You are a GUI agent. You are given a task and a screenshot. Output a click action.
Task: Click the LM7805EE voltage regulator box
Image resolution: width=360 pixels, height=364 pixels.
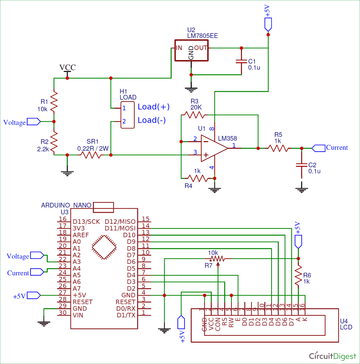click(x=191, y=50)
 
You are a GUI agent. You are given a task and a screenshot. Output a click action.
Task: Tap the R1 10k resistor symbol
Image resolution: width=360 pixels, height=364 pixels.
click(x=54, y=101)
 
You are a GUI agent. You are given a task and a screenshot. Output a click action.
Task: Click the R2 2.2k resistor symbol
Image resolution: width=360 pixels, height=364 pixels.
click(x=54, y=141)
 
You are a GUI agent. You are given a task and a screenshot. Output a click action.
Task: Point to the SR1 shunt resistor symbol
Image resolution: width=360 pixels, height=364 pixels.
click(x=92, y=155)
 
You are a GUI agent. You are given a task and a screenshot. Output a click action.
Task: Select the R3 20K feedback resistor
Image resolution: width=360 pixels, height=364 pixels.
click(x=194, y=115)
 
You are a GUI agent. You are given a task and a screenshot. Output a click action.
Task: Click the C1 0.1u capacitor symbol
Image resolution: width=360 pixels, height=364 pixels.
click(x=241, y=61)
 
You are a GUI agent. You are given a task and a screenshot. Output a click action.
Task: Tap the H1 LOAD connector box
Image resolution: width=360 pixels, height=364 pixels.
click(x=127, y=115)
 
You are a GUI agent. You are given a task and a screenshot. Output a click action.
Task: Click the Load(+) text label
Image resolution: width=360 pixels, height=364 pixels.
click(x=154, y=107)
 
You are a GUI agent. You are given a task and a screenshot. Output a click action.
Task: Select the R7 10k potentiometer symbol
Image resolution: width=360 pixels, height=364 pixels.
click(x=218, y=259)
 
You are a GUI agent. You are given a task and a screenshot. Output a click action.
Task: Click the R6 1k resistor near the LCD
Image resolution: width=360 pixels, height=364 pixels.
click(x=298, y=275)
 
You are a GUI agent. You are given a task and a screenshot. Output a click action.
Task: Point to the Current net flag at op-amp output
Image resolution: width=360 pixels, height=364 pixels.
click(x=318, y=148)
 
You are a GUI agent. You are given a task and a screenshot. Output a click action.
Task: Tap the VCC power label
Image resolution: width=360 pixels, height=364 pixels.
click(x=68, y=67)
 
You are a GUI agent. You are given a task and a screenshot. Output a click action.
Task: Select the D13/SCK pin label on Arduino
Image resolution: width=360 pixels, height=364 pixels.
click(x=86, y=222)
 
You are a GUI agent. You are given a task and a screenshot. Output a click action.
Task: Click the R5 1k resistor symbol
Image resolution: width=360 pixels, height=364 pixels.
click(x=279, y=148)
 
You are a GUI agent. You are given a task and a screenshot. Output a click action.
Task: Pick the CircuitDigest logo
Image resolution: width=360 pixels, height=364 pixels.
click(x=332, y=356)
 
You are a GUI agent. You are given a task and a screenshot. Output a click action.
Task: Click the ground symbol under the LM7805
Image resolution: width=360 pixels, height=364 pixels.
click(x=191, y=89)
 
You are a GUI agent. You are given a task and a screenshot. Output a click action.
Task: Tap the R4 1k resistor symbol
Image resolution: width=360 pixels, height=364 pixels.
click(x=197, y=178)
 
